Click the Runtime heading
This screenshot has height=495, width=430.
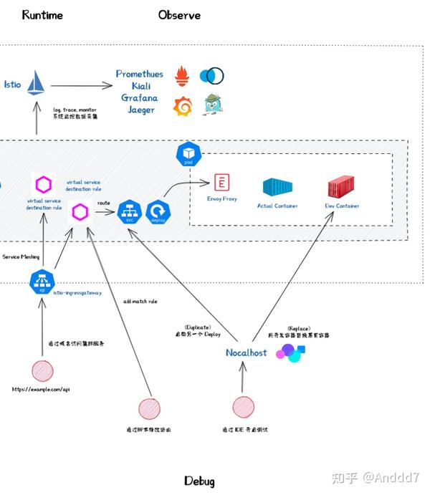(x=42, y=15)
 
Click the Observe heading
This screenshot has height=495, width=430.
(x=179, y=15)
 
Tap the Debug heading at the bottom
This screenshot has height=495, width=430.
(x=199, y=481)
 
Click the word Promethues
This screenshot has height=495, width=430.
(x=140, y=74)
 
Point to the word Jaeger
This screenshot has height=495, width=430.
(x=141, y=110)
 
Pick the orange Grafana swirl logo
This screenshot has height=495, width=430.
(x=183, y=105)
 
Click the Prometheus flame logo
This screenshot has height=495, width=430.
(x=183, y=75)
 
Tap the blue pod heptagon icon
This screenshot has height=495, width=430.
(x=189, y=154)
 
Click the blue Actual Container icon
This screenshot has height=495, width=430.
(x=277, y=188)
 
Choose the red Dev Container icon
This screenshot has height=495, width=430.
(x=343, y=188)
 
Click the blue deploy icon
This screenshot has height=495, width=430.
(x=157, y=211)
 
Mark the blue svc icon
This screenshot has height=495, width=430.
(x=129, y=211)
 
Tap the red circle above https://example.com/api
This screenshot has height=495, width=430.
(x=42, y=371)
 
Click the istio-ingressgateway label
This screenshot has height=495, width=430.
(x=78, y=292)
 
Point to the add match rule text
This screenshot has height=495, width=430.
(x=140, y=302)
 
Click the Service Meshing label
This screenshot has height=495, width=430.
(x=21, y=256)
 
